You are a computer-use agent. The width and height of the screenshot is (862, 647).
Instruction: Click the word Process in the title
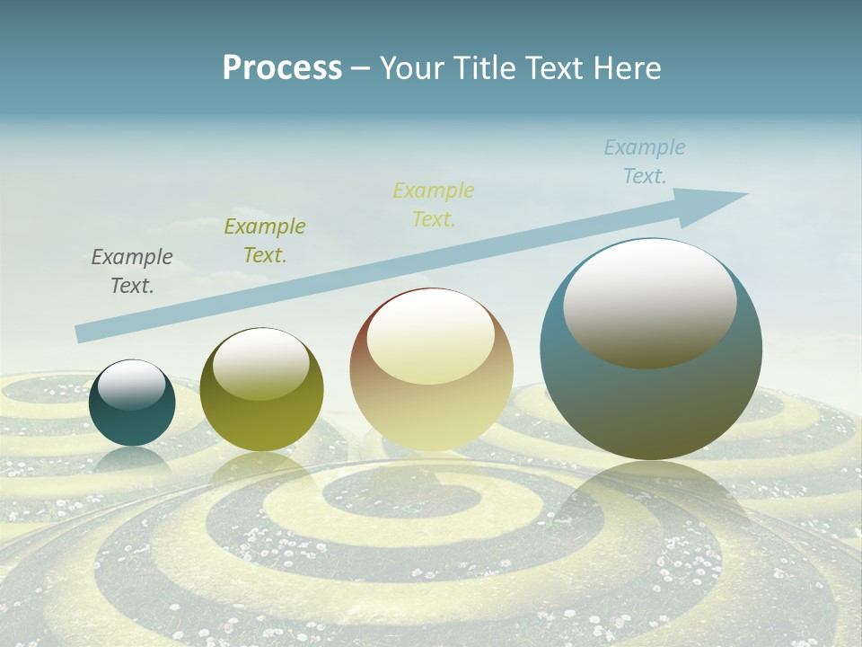point(282,68)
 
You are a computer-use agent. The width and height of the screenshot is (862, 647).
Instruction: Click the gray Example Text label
point(132,271)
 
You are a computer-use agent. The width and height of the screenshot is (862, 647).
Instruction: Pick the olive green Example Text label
point(265,241)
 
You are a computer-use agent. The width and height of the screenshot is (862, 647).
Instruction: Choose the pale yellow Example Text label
point(434,205)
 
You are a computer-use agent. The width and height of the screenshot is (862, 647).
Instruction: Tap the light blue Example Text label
point(645,162)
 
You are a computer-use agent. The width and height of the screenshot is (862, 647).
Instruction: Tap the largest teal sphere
point(651,404)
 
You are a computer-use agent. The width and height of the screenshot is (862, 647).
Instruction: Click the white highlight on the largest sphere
point(649,301)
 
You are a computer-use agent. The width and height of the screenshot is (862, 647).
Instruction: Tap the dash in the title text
point(360,69)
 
